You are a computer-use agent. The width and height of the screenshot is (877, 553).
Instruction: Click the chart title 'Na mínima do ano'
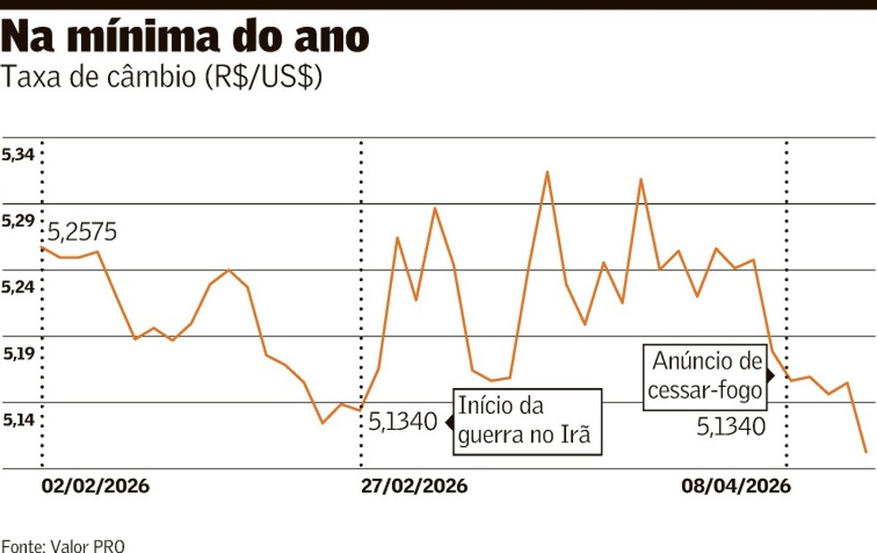pyautogui.click(x=184, y=37)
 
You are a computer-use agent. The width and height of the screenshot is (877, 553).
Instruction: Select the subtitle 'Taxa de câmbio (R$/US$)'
pyautogui.click(x=162, y=78)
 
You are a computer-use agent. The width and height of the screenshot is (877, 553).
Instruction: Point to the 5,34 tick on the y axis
pyautogui.click(x=18, y=155)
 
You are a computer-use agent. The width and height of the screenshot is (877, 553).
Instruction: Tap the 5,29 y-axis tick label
pyautogui.click(x=18, y=221)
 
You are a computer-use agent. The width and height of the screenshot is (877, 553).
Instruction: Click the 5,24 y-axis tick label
pyautogui.click(x=18, y=287)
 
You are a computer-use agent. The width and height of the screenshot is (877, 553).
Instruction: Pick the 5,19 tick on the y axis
pyautogui.click(x=18, y=354)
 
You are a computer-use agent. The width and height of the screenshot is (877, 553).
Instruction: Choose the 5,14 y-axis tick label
pyautogui.click(x=18, y=420)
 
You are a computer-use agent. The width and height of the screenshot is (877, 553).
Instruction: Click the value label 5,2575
pyautogui.click(x=82, y=234)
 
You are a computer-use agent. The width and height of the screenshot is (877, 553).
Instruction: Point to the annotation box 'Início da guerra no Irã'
pyautogui.click(x=524, y=420)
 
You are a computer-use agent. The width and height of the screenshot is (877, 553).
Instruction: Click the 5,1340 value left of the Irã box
pyautogui.click(x=404, y=420)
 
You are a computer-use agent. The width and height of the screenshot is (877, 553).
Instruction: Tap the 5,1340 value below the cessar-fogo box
pyautogui.click(x=730, y=427)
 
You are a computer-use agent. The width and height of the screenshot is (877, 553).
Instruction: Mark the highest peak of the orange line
pyautogui.click(x=547, y=172)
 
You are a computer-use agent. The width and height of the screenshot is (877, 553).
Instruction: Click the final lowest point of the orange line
pyautogui.click(x=865, y=452)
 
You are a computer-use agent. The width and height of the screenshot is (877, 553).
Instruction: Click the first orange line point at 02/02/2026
pyautogui.click(x=41, y=246)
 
